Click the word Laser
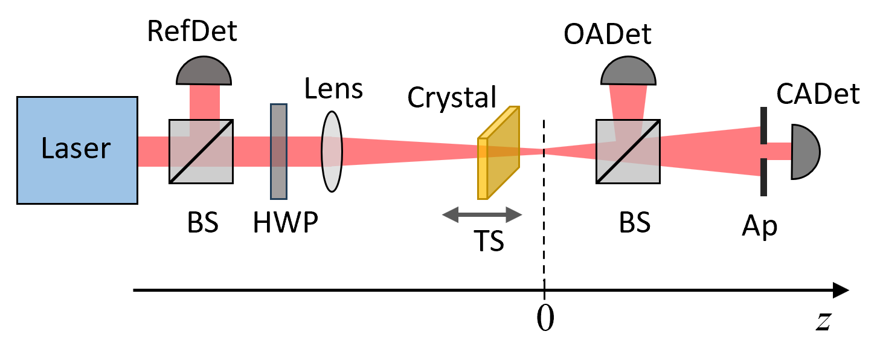(76, 149)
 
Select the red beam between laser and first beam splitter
(153, 151)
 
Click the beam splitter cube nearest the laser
(201, 152)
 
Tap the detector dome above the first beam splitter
(204, 72)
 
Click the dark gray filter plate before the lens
(278, 152)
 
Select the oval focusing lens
(332, 152)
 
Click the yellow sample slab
(498, 153)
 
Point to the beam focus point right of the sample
(544, 151)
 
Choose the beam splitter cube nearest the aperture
(628, 151)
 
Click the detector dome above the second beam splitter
(628, 72)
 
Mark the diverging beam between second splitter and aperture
(710, 151)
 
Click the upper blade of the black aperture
(763, 125)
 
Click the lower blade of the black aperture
(763, 178)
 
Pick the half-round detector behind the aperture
(804, 152)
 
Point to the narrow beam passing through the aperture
(779, 151)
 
